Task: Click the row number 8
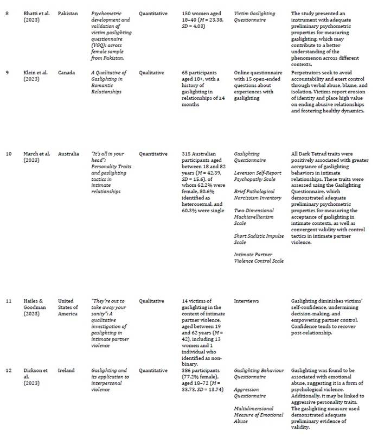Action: click(7, 13)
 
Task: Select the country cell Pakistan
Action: click(68, 13)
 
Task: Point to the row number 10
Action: click(9, 154)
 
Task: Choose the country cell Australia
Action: click(69, 154)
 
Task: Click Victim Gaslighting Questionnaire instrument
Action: click(254, 16)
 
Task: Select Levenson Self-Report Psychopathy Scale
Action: click(258, 176)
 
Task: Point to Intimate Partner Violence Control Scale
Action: click(259, 257)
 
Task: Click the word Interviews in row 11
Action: click(246, 301)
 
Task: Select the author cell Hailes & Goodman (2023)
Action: click(36, 307)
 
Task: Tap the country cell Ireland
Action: click(66, 371)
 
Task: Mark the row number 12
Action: click(9, 371)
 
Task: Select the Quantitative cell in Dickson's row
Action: click(153, 371)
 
